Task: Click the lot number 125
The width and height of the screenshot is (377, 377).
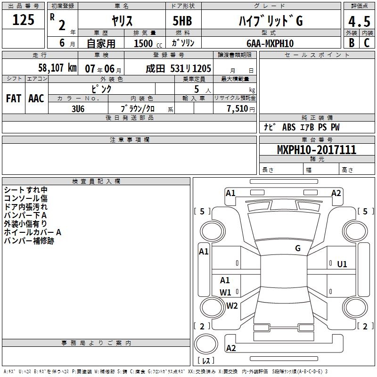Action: tap(23, 20)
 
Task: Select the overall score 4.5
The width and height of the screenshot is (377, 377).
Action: tap(359, 22)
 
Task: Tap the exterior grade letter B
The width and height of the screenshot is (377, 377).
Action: tap(352, 43)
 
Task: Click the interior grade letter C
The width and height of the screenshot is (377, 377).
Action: tap(367, 43)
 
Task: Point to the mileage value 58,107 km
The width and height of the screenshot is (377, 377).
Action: tap(57, 68)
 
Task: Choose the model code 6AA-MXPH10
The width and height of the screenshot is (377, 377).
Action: tap(270, 43)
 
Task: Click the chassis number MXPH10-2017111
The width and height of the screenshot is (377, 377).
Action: tap(317, 150)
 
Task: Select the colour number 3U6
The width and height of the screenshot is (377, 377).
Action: tap(78, 109)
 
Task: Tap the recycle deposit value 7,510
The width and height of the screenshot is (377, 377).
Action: tap(238, 109)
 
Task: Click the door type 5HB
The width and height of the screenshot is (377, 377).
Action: tap(182, 21)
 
